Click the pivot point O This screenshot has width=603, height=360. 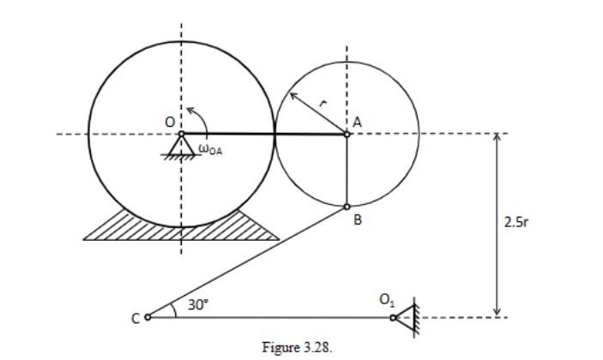[181, 134]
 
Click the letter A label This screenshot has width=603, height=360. [357, 123]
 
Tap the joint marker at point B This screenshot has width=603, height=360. [347, 207]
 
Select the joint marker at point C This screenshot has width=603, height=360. [148, 317]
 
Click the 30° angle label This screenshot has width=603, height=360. [197, 305]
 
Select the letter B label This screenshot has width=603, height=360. [358, 220]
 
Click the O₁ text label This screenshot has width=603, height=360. [386, 300]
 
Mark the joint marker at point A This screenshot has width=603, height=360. [347, 134]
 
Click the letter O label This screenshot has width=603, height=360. [170, 123]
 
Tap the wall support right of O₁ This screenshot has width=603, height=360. [412, 315]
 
